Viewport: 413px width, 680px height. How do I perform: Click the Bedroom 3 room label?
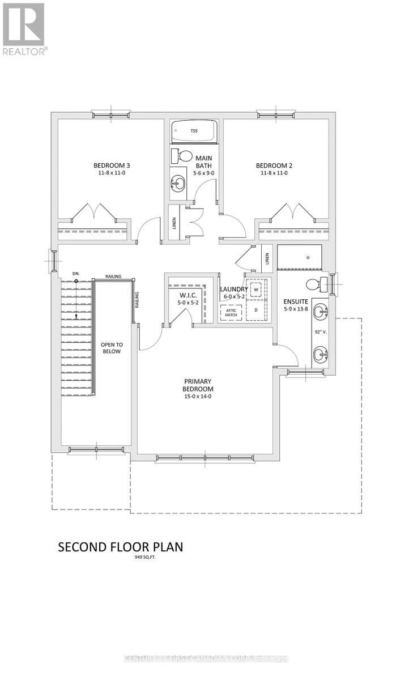pos(112,165)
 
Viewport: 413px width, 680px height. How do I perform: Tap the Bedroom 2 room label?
pos(274,165)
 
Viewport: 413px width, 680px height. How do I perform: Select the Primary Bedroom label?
pos(197,385)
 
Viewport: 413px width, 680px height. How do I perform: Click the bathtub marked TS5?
pos(194,131)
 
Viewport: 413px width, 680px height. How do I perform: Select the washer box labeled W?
pos(256,290)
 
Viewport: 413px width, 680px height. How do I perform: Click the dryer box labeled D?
pos(256,310)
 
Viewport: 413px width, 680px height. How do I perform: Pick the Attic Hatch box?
pos(231,312)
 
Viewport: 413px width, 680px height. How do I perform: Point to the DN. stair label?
pos(75,274)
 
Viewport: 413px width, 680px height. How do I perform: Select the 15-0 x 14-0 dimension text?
pos(197,397)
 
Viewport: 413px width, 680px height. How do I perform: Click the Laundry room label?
pos(233,289)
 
